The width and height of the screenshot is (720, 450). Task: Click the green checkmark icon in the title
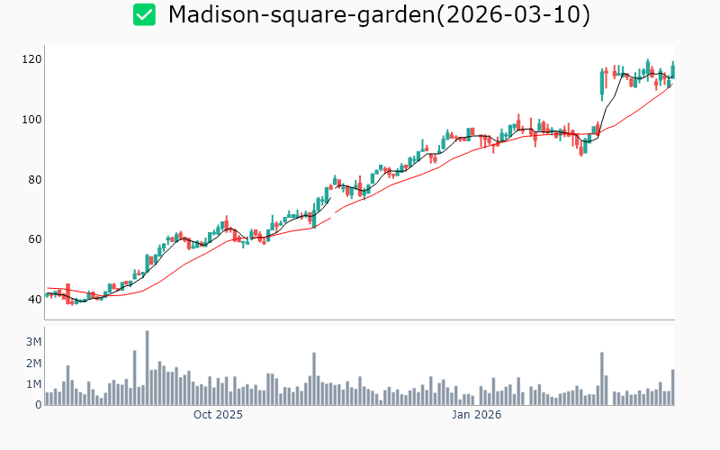pos(144,14)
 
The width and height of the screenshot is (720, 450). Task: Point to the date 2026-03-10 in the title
pos(511,15)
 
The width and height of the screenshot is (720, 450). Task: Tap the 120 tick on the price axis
pos(31,59)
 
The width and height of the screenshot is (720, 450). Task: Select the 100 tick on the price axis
pos(31,120)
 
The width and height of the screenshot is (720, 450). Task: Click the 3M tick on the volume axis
pos(33,342)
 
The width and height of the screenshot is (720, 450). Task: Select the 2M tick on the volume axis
pos(33,363)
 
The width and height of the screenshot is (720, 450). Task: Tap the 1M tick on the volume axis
pos(33,384)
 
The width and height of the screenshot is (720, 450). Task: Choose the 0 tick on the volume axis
pos(39,405)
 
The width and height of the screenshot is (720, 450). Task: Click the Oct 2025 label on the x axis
pos(218,415)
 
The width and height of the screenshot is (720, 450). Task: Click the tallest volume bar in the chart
pos(147,367)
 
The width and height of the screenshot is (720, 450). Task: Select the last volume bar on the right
pos(672,387)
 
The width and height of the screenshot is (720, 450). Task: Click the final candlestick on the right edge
pos(672,70)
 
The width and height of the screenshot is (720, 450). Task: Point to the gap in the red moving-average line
pos(333,215)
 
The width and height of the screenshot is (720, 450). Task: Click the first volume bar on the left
pos(47,398)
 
